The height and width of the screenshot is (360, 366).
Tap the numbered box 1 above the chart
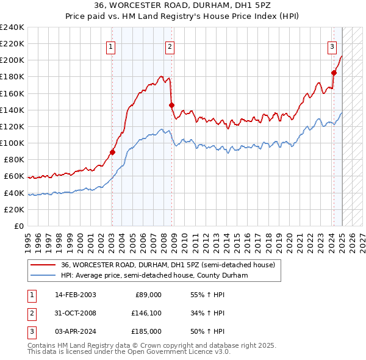click(x=110, y=46)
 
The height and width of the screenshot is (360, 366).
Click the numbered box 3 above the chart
click(x=332, y=46)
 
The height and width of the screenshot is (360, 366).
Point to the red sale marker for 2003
click(x=112, y=153)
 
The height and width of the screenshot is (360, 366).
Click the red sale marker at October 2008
click(x=171, y=105)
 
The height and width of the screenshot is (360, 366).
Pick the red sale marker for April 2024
click(x=334, y=73)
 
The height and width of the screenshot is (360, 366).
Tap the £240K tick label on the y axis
click(x=12, y=27)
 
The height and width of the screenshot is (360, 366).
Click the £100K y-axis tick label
click(x=12, y=143)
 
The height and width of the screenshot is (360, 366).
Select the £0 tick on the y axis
click(x=18, y=226)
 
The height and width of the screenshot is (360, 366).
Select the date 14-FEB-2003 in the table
click(x=75, y=295)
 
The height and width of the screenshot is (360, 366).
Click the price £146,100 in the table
click(x=146, y=313)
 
